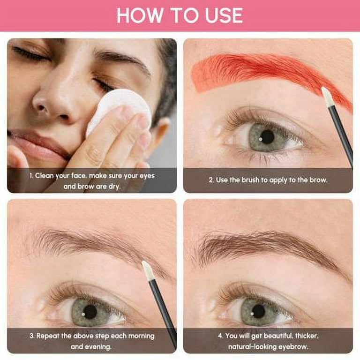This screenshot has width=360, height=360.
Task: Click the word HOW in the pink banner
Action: tap(139, 15)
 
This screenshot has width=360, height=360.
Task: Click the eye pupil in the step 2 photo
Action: tap(267, 137)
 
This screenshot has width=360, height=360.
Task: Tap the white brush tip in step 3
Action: tap(147, 271)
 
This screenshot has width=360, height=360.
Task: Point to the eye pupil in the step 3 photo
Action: tap(90, 312)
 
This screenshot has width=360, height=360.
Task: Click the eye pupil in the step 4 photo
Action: tap(259, 311)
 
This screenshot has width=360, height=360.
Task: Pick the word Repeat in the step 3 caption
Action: tap(48, 337)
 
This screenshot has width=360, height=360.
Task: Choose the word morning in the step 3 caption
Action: tap(141, 337)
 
